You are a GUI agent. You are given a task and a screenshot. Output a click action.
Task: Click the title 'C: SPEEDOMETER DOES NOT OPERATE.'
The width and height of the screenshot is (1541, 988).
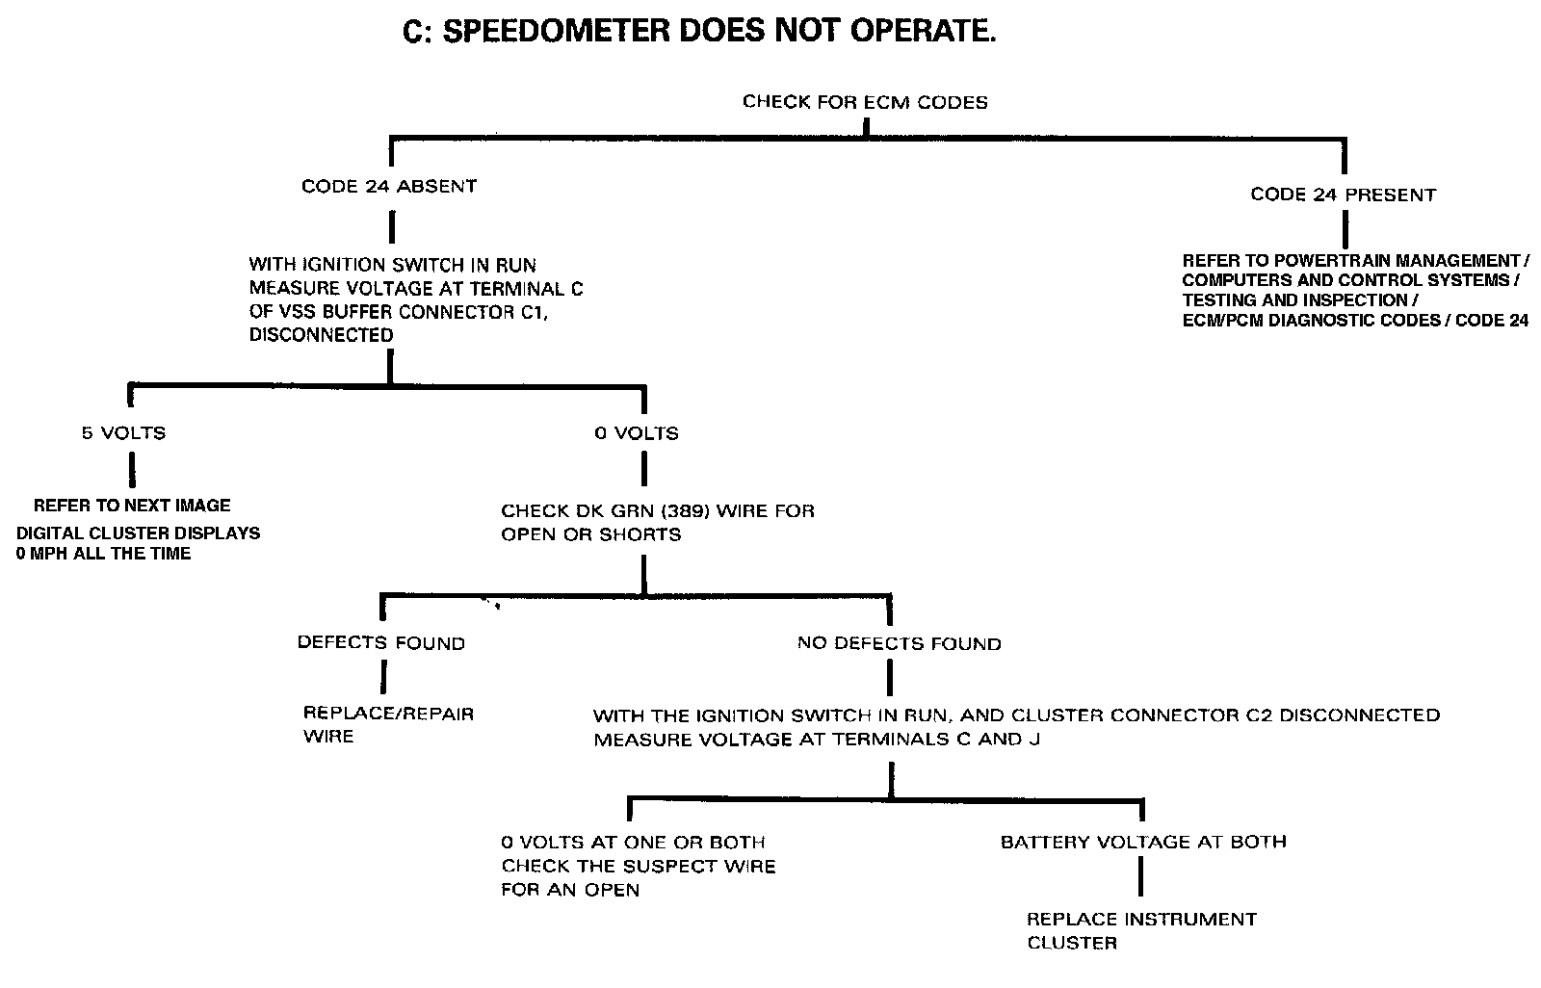point(698,32)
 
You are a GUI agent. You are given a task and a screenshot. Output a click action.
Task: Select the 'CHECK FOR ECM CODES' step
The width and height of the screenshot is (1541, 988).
point(865,101)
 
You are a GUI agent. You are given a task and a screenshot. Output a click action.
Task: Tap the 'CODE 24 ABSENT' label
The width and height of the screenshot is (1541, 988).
point(388,186)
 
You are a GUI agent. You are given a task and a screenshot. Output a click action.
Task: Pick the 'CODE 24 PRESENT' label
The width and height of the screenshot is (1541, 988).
point(1343,195)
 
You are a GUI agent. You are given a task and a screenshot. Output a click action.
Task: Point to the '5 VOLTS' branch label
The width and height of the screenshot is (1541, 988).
point(123,433)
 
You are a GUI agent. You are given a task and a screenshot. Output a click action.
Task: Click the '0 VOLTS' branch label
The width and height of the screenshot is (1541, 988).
point(636,433)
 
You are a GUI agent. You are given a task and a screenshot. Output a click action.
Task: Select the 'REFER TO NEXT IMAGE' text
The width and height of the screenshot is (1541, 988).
point(132,506)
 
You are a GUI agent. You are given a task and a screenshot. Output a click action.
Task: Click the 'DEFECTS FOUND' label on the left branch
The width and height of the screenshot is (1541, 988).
point(380,643)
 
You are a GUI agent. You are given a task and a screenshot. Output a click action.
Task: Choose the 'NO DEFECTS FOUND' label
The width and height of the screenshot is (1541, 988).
point(899,643)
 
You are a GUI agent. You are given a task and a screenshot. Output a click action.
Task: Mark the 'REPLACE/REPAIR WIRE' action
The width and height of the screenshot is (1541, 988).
point(388,725)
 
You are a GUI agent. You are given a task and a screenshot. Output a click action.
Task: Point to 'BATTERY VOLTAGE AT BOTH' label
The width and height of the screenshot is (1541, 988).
point(1143,842)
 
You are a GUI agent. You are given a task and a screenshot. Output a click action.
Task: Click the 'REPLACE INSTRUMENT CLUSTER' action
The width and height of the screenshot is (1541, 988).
point(1141,931)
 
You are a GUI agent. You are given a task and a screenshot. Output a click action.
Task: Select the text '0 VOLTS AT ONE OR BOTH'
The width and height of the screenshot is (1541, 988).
point(633,842)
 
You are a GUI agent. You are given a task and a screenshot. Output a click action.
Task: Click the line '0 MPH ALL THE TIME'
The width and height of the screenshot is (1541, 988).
point(103,554)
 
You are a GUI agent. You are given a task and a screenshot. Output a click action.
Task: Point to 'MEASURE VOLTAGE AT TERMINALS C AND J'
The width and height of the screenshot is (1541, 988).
point(816,740)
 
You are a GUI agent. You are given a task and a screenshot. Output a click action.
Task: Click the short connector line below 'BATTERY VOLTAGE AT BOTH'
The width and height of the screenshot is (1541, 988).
point(1142,875)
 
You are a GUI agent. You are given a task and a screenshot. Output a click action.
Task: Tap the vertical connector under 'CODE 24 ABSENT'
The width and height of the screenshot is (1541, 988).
point(390,226)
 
